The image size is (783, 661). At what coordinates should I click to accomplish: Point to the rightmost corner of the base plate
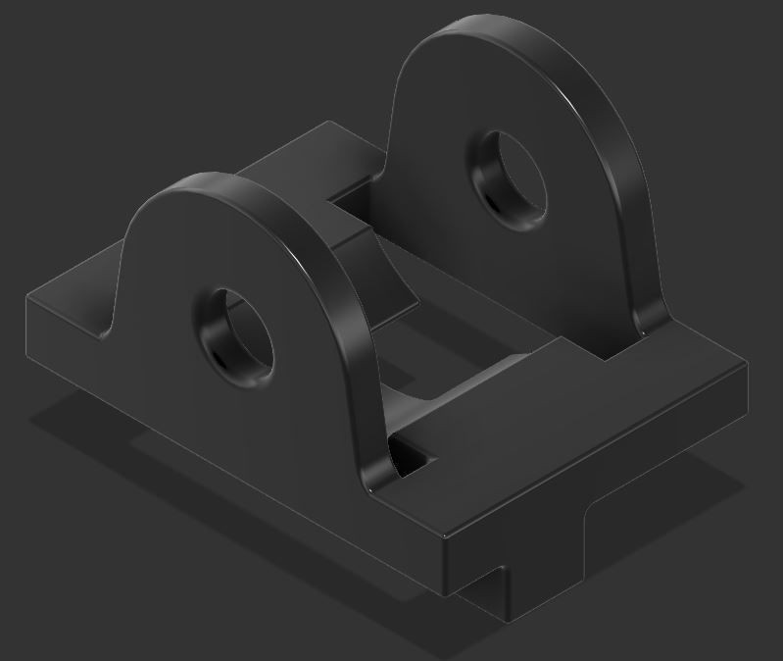[746, 363]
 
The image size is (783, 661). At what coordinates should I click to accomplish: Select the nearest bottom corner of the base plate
[446, 588]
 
